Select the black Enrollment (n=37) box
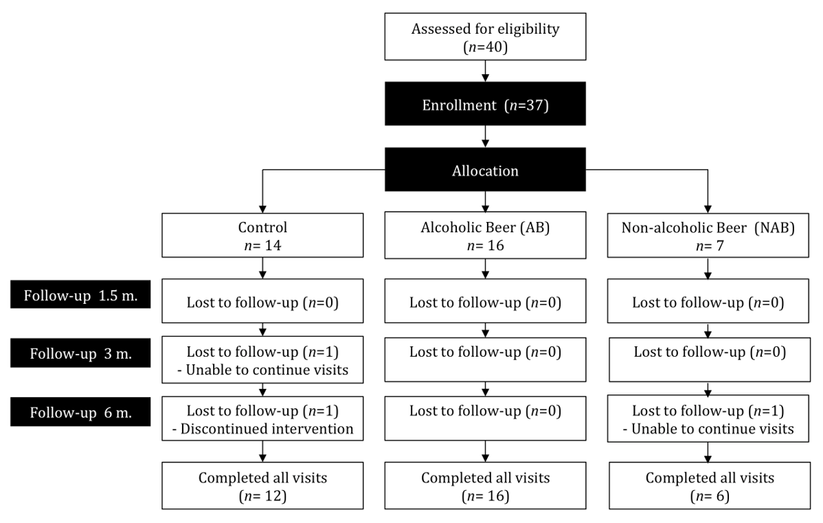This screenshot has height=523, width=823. pyautogui.click(x=486, y=107)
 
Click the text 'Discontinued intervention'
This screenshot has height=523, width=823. pyautogui.click(x=266, y=430)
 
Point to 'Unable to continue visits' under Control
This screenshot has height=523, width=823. pyautogui.click(x=266, y=371)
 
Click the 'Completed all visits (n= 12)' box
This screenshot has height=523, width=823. pyautogui.click(x=262, y=486)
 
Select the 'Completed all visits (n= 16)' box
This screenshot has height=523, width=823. pyautogui.click(x=486, y=486)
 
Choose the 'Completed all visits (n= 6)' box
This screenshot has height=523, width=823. pyautogui.click(x=709, y=486)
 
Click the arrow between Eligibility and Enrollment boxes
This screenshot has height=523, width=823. pyautogui.click(x=486, y=70)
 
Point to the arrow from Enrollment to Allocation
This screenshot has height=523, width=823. pyautogui.click(x=486, y=137)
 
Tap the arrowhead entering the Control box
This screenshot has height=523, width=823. pyautogui.click(x=262, y=208)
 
